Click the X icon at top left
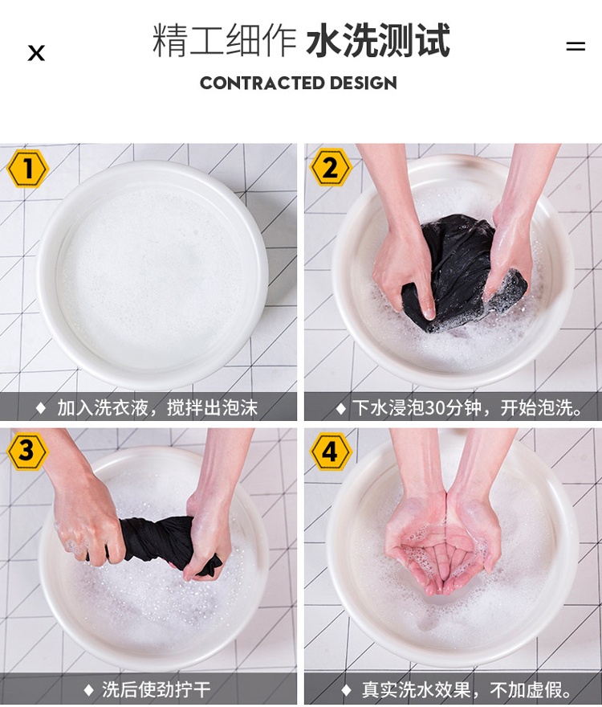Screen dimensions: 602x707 click(x=36, y=53)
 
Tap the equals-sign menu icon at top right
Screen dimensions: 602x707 click(x=576, y=46)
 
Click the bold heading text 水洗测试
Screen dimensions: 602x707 click(x=378, y=41)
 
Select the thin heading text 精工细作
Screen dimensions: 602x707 click(x=225, y=41)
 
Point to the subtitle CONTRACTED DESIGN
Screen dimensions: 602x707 click(x=299, y=83)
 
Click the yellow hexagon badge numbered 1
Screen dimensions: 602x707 click(x=27, y=168)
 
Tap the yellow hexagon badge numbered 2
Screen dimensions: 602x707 click(x=331, y=167)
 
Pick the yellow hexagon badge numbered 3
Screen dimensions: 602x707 click(x=27, y=452)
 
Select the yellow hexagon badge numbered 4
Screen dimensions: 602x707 click(x=331, y=452)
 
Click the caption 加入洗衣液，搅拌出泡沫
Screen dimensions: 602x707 click(x=157, y=407)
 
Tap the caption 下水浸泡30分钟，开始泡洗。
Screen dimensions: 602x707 click(x=467, y=407)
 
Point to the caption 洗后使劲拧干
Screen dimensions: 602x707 click(x=156, y=689)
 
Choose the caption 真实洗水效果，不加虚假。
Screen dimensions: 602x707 click(x=467, y=689)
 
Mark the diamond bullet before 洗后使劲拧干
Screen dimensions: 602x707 click(x=89, y=690)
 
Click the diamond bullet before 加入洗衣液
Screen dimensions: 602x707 click(x=41, y=408)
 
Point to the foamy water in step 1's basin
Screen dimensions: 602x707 click(x=153, y=275)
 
